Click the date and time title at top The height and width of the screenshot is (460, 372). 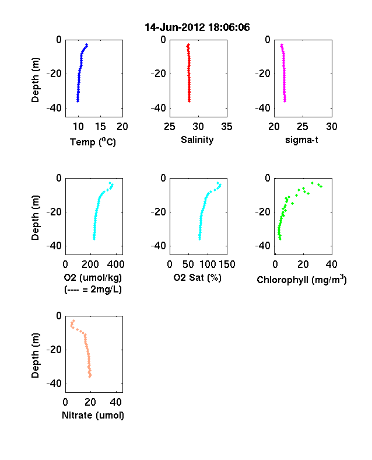197,27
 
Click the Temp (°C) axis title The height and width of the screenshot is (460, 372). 93,142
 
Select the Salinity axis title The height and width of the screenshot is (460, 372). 197,140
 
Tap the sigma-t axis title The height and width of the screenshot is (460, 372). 301,140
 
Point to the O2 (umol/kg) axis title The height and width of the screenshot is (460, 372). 93,277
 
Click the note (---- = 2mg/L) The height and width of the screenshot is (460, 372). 93,290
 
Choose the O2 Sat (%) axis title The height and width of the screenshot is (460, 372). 197,277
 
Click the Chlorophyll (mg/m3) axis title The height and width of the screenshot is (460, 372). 301,280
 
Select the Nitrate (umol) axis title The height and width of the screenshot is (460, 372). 93,416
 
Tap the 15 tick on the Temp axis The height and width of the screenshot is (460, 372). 100,127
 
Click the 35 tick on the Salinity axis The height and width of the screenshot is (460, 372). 227,127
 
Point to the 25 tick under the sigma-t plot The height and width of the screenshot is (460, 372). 303,127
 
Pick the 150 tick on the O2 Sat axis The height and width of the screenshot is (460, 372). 227,264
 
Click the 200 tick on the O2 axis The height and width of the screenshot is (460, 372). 90,264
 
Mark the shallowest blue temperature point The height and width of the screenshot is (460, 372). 86,45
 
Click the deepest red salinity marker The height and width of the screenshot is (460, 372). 189,101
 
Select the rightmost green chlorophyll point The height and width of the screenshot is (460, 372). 321,186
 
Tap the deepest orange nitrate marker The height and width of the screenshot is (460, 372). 90,376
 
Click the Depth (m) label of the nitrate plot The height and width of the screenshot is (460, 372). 35,356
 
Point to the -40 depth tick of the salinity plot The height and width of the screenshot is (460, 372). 158,108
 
